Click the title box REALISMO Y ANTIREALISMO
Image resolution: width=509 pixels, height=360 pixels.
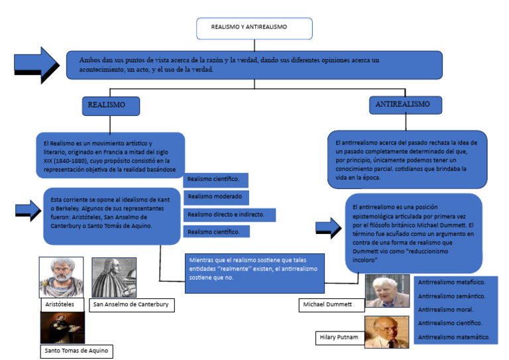click(x=254, y=28)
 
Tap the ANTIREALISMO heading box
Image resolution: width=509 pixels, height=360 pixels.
click(x=402, y=105)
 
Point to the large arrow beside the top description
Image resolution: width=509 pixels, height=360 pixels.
click(x=36, y=64)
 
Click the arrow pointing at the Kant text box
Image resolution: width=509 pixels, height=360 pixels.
click(x=27, y=211)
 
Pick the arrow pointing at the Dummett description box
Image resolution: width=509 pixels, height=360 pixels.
click(x=328, y=229)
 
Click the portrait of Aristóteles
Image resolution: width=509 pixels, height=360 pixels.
click(x=61, y=277)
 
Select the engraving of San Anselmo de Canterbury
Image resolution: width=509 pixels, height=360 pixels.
click(x=113, y=277)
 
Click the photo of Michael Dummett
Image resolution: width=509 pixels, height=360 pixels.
click(x=387, y=290)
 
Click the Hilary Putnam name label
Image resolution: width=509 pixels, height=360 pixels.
click(x=339, y=338)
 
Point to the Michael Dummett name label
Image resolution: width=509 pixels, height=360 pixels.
click(x=332, y=304)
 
